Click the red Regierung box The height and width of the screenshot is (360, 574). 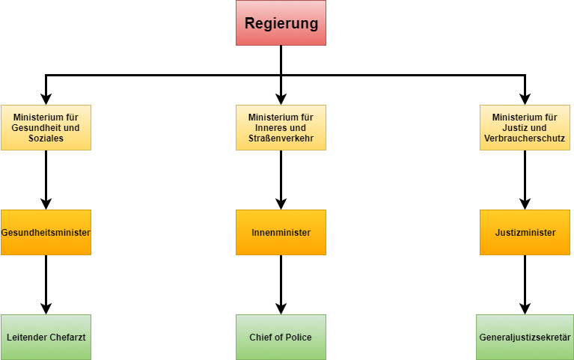281,23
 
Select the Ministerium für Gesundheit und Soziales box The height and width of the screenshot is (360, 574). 46,127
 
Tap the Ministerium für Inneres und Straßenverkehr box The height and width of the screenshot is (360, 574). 281,127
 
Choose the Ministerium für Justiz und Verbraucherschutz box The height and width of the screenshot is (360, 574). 524,127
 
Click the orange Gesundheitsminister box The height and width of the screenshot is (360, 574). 46,232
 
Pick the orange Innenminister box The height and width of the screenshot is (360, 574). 281,232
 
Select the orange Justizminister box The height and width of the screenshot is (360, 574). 525,232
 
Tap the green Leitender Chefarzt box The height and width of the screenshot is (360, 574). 46,337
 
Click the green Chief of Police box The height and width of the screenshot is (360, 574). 281,337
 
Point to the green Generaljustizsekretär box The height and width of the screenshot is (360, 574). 525,337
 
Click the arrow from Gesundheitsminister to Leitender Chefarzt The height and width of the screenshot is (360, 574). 46,284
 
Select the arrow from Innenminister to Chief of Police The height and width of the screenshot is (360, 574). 281,284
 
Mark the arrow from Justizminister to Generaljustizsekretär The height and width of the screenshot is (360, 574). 525,284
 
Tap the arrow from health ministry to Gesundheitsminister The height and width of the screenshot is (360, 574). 46,180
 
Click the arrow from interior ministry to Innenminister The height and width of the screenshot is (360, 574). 281,180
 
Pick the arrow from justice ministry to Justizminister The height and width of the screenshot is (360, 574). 525,180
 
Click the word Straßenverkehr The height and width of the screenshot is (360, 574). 281,138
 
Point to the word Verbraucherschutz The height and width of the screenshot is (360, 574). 524,138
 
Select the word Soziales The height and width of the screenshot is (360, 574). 46,138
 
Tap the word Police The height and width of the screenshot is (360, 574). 298,338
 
